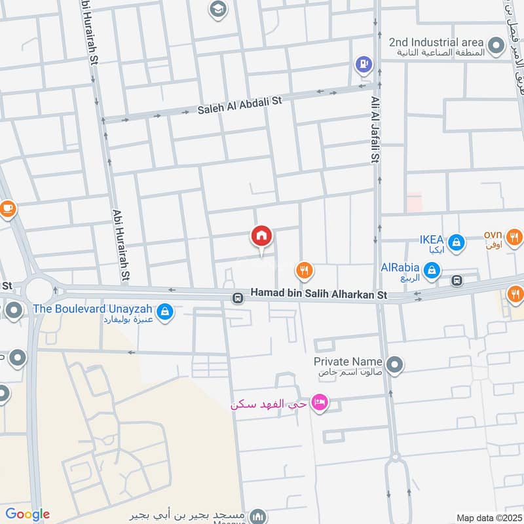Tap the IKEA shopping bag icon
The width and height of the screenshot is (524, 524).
point(457,243)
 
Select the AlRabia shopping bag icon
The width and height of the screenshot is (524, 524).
point(432,269)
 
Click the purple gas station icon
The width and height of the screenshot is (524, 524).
point(362,64)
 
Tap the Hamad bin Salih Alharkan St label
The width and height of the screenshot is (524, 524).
point(319,296)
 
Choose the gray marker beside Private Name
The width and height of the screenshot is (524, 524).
point(394,365)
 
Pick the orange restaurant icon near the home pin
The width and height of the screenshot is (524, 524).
point(303,269)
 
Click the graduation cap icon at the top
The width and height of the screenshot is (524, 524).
point(216,9)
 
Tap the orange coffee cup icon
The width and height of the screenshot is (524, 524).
point(7,210)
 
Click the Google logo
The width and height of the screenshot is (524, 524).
point(28,514)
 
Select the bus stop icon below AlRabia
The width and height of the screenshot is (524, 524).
point(457,280)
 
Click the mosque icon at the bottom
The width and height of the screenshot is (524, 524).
point(260,516)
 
